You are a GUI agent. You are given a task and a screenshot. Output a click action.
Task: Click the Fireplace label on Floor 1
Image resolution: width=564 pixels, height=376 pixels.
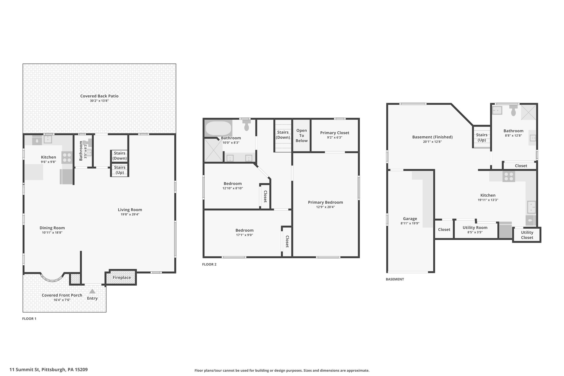tap(122, 277)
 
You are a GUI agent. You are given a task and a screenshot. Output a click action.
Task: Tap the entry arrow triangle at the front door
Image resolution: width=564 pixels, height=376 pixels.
tap(92, 291)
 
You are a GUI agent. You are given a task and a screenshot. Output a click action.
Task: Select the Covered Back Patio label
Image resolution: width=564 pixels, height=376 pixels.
tap(99, 96)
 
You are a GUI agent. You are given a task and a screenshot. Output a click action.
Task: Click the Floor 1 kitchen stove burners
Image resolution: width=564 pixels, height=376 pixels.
tap(67, 158)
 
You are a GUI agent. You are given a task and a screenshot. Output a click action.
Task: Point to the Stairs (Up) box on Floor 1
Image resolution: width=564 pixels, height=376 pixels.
tap(120, 170)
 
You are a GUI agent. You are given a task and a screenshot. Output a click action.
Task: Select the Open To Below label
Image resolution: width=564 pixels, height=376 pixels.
tap(302, 136)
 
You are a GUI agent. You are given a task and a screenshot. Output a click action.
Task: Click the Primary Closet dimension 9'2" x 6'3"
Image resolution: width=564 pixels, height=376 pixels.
tap(335, 137)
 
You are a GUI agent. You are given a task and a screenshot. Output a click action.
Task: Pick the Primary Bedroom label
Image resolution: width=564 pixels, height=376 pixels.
tap(326, 202)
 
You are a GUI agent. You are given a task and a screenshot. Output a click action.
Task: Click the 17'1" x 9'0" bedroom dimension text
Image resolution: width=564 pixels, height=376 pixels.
tap(245, 235)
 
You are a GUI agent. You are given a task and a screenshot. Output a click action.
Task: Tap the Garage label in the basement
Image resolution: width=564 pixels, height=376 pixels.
tap(410, 219)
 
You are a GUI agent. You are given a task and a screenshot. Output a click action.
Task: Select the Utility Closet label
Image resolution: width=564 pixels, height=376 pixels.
tap(527, 235)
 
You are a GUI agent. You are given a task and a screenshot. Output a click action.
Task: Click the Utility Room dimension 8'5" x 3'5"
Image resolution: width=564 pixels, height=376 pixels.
tap(475, 232)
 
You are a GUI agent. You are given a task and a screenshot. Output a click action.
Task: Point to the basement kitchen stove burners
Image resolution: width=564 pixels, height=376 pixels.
tap(509, 177)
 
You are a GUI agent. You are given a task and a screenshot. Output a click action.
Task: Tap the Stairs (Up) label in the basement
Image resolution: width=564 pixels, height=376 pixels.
tap(482, 137)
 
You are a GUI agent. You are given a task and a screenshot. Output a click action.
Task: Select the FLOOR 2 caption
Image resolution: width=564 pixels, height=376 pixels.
tap(209, 264)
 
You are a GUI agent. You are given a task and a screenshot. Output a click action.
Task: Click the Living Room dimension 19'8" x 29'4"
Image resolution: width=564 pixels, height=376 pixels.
tap(130, 214)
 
